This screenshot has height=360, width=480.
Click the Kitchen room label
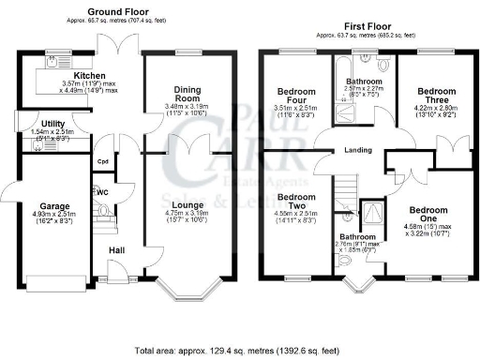(91, 76)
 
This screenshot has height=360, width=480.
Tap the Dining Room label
(187, 95)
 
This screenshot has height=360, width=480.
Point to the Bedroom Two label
(295, 202)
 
